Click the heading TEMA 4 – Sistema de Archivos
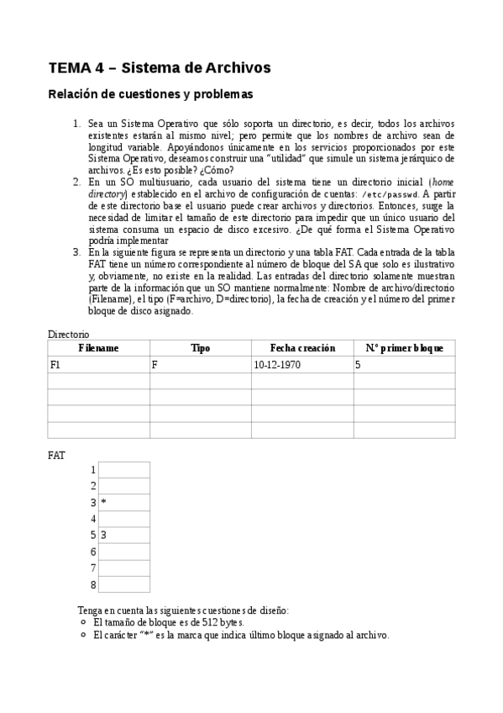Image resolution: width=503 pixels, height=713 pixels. [160, 66]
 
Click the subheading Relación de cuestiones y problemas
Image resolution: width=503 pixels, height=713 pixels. [150, 94]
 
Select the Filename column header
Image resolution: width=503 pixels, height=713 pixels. [99, 348]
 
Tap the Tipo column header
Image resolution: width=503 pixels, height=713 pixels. [200, 348]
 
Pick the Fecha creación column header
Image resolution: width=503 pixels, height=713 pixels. [302, 348]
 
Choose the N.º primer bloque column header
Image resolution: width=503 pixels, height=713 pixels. [404, 348]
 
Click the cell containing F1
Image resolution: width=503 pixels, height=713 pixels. [56, 365]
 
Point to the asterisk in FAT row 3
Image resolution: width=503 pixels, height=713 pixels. [103, 503]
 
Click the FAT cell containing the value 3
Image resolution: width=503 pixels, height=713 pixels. [103, 535]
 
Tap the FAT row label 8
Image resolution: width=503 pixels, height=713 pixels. [93, 584]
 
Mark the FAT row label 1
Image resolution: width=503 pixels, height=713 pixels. [93, 470]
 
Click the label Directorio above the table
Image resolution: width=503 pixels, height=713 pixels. [68, 334]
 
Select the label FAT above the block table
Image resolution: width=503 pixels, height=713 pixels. [57, 455]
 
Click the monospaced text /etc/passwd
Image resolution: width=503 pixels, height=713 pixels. [389, 195]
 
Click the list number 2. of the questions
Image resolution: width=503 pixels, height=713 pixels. [76, 182]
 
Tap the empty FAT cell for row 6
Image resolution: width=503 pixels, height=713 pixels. [124, 552]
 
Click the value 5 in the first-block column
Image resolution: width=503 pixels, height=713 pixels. [358, 365]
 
